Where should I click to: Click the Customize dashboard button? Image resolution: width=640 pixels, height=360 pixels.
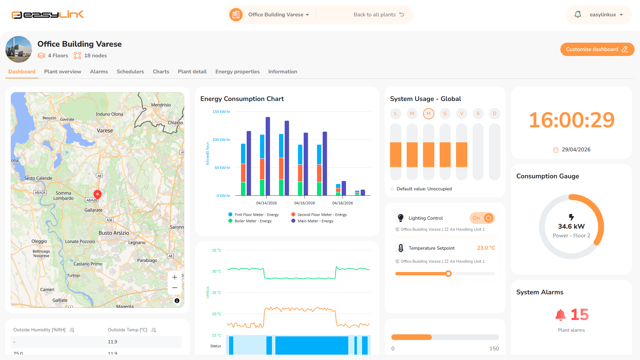click(x=597, y=49)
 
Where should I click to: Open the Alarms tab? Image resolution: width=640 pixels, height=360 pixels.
click(x=99, y=72)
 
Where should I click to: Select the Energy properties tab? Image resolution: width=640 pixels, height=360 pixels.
click(x=237, y=72)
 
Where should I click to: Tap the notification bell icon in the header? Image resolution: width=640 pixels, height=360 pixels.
click(x=578, y=14)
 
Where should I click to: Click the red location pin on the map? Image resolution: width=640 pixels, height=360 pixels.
click(x=97, y=194)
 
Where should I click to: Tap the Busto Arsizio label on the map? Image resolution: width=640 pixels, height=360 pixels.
click(x=114, y=233)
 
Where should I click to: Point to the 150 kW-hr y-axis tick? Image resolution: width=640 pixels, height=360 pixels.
click(x=221, y=112)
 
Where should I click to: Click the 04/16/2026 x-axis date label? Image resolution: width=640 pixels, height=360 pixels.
click(x=304, y=203)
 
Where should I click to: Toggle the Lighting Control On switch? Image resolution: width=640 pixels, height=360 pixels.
click(x=482, y=218)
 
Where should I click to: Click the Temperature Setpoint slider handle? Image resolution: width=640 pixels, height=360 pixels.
click(x=448, y=274)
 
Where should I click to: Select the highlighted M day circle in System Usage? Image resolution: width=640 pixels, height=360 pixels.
click(x=429, y=114)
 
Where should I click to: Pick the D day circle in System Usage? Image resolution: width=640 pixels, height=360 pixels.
click(x=495, y=114)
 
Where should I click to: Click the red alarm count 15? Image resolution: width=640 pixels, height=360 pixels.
click(x=580, y=315)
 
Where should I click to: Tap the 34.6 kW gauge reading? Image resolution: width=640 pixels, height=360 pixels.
click(x=571, y=226)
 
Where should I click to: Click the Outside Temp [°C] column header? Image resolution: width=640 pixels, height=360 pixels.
click(x=127, y=330)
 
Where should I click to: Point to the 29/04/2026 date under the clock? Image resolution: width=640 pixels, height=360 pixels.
click(x=576, y=150)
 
